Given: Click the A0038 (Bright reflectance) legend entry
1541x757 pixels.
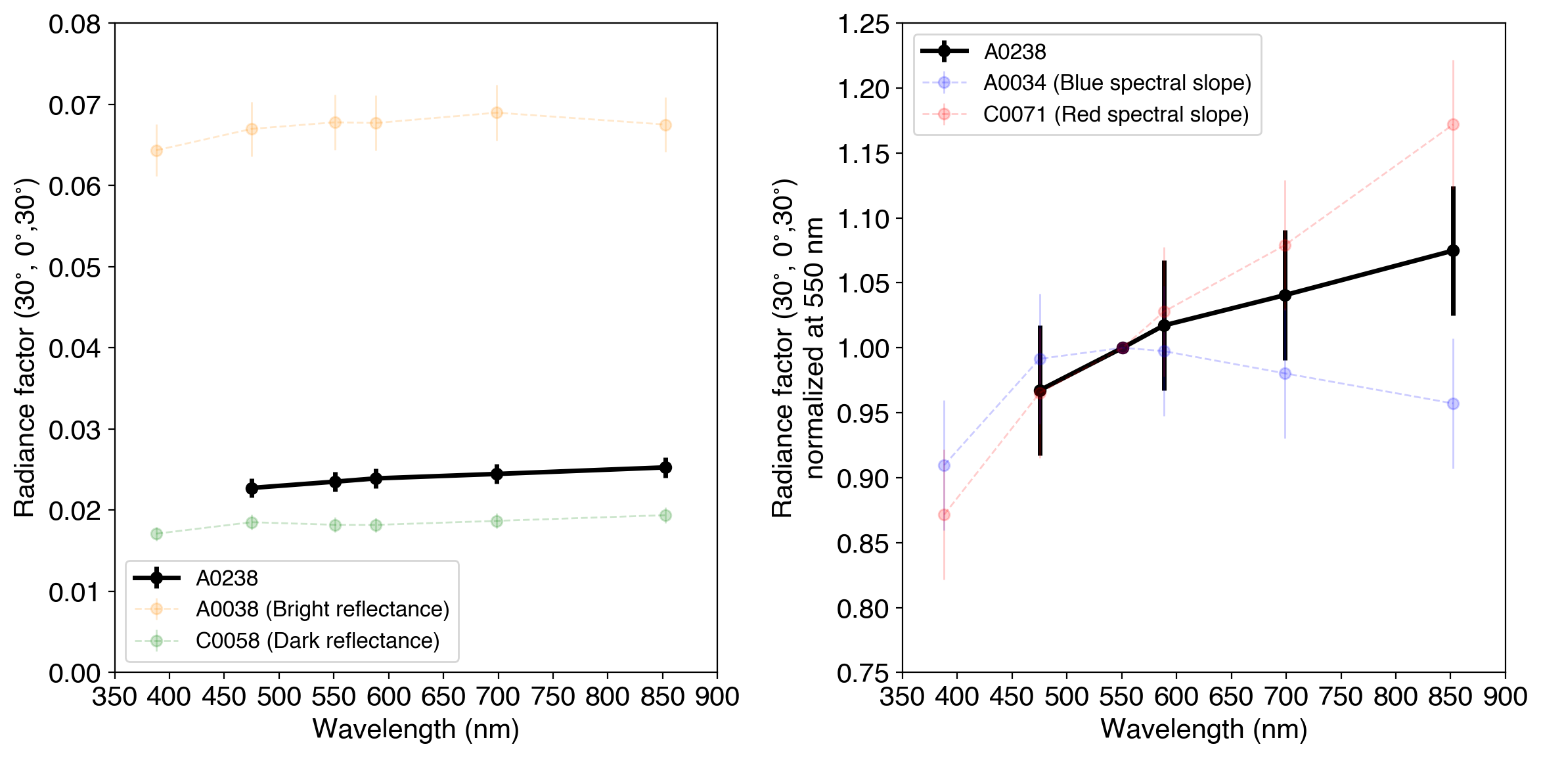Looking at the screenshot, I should point(322,609).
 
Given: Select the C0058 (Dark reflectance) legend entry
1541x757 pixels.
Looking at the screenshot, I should point(317,641).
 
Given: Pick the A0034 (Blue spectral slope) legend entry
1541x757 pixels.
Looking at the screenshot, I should point(1117,83).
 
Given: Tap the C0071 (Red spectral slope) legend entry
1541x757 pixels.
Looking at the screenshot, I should point(1115,114).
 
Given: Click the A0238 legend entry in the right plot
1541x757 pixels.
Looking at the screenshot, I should point(1014,51).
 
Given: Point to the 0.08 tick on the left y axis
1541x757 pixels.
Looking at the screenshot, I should point(74,24).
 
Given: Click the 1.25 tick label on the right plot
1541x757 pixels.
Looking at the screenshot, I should point(862,24).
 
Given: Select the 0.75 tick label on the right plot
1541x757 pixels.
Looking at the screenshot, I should point(862,674).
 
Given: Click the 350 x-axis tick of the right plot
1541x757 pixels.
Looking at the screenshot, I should point(903,697).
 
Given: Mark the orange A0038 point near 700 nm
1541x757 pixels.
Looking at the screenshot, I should point(497,113).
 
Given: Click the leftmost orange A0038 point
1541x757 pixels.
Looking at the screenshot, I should point(156,150).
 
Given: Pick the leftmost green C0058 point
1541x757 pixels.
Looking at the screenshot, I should point(156,534).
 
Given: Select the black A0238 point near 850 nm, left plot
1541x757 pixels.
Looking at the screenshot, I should point(665,468).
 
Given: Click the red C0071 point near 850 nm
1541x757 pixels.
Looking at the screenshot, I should point(1453,125).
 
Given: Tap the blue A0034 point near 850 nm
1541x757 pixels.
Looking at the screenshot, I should point(1453,403).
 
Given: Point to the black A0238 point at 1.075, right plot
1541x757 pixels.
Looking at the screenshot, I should point(1453,251).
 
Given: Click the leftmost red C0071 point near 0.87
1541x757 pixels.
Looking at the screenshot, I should point(944,515).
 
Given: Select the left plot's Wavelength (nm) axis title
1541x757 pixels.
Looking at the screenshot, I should point(416,729).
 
